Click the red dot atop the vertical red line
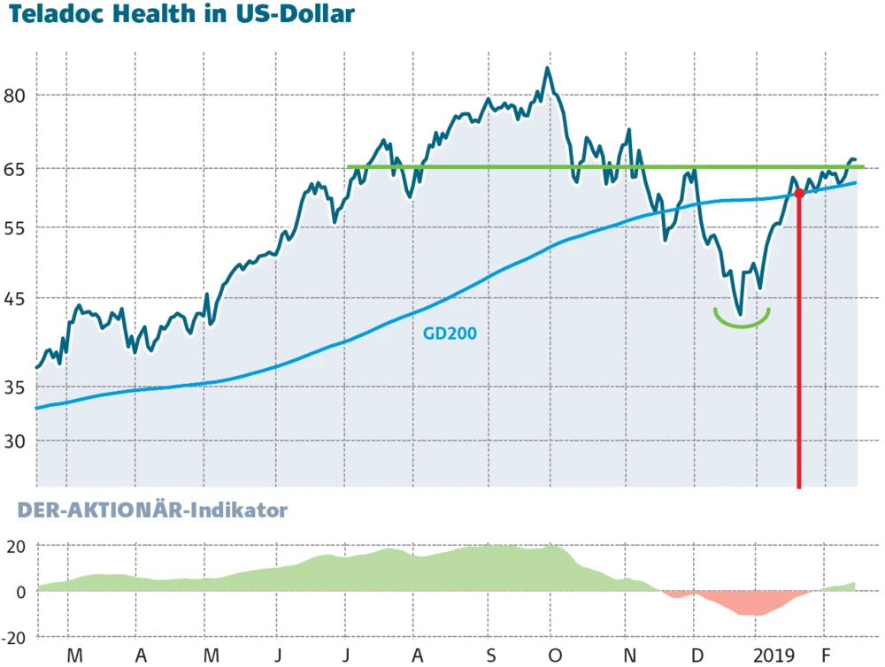coord(799,193)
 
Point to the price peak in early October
coord(548,69)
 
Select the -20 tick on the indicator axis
coord(16,637)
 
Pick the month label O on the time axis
coord(555,655)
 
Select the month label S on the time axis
coord(489,655)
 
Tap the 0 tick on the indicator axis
coord(25,591)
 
